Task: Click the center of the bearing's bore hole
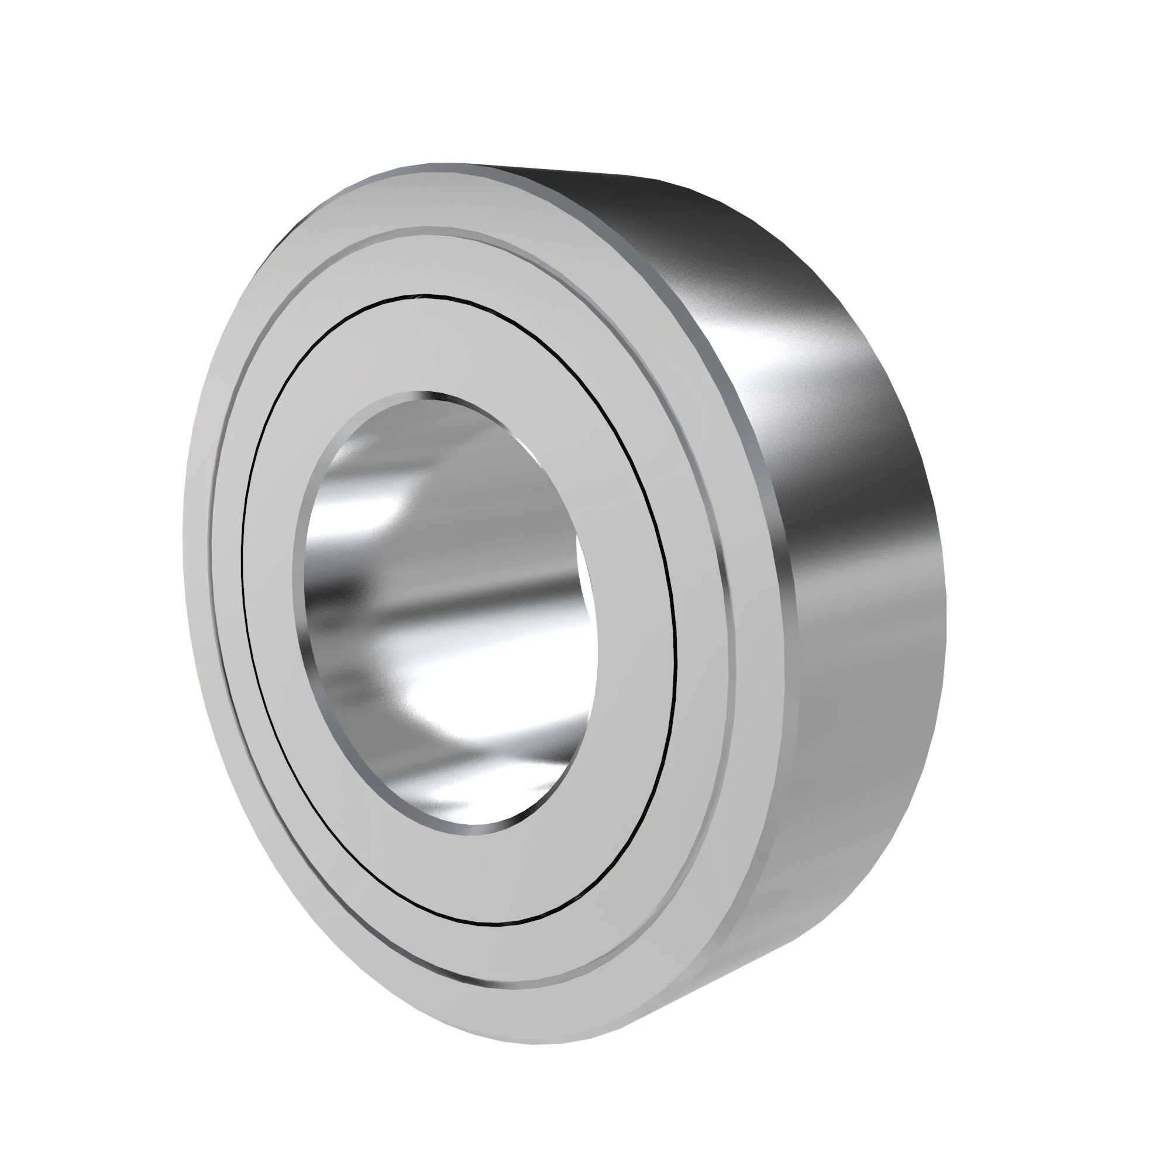point(451,612)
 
